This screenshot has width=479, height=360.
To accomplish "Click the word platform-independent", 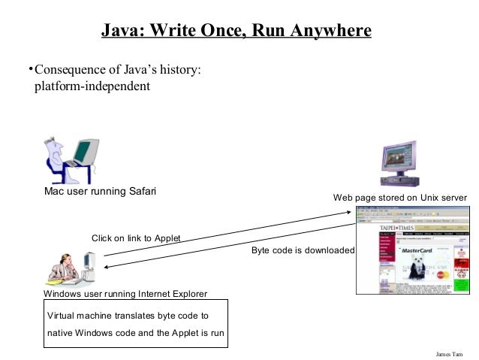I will (x=92, y=86).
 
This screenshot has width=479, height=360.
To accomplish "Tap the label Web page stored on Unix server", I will (x=400, y=198).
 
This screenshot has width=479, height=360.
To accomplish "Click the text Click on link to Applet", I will (x=136, y=238).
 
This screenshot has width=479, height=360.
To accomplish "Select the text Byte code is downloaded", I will (x=303, y=250).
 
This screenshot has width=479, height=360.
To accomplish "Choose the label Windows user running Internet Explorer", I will (x=125, y=293).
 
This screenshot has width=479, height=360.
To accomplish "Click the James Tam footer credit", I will (x=449, y=352).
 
